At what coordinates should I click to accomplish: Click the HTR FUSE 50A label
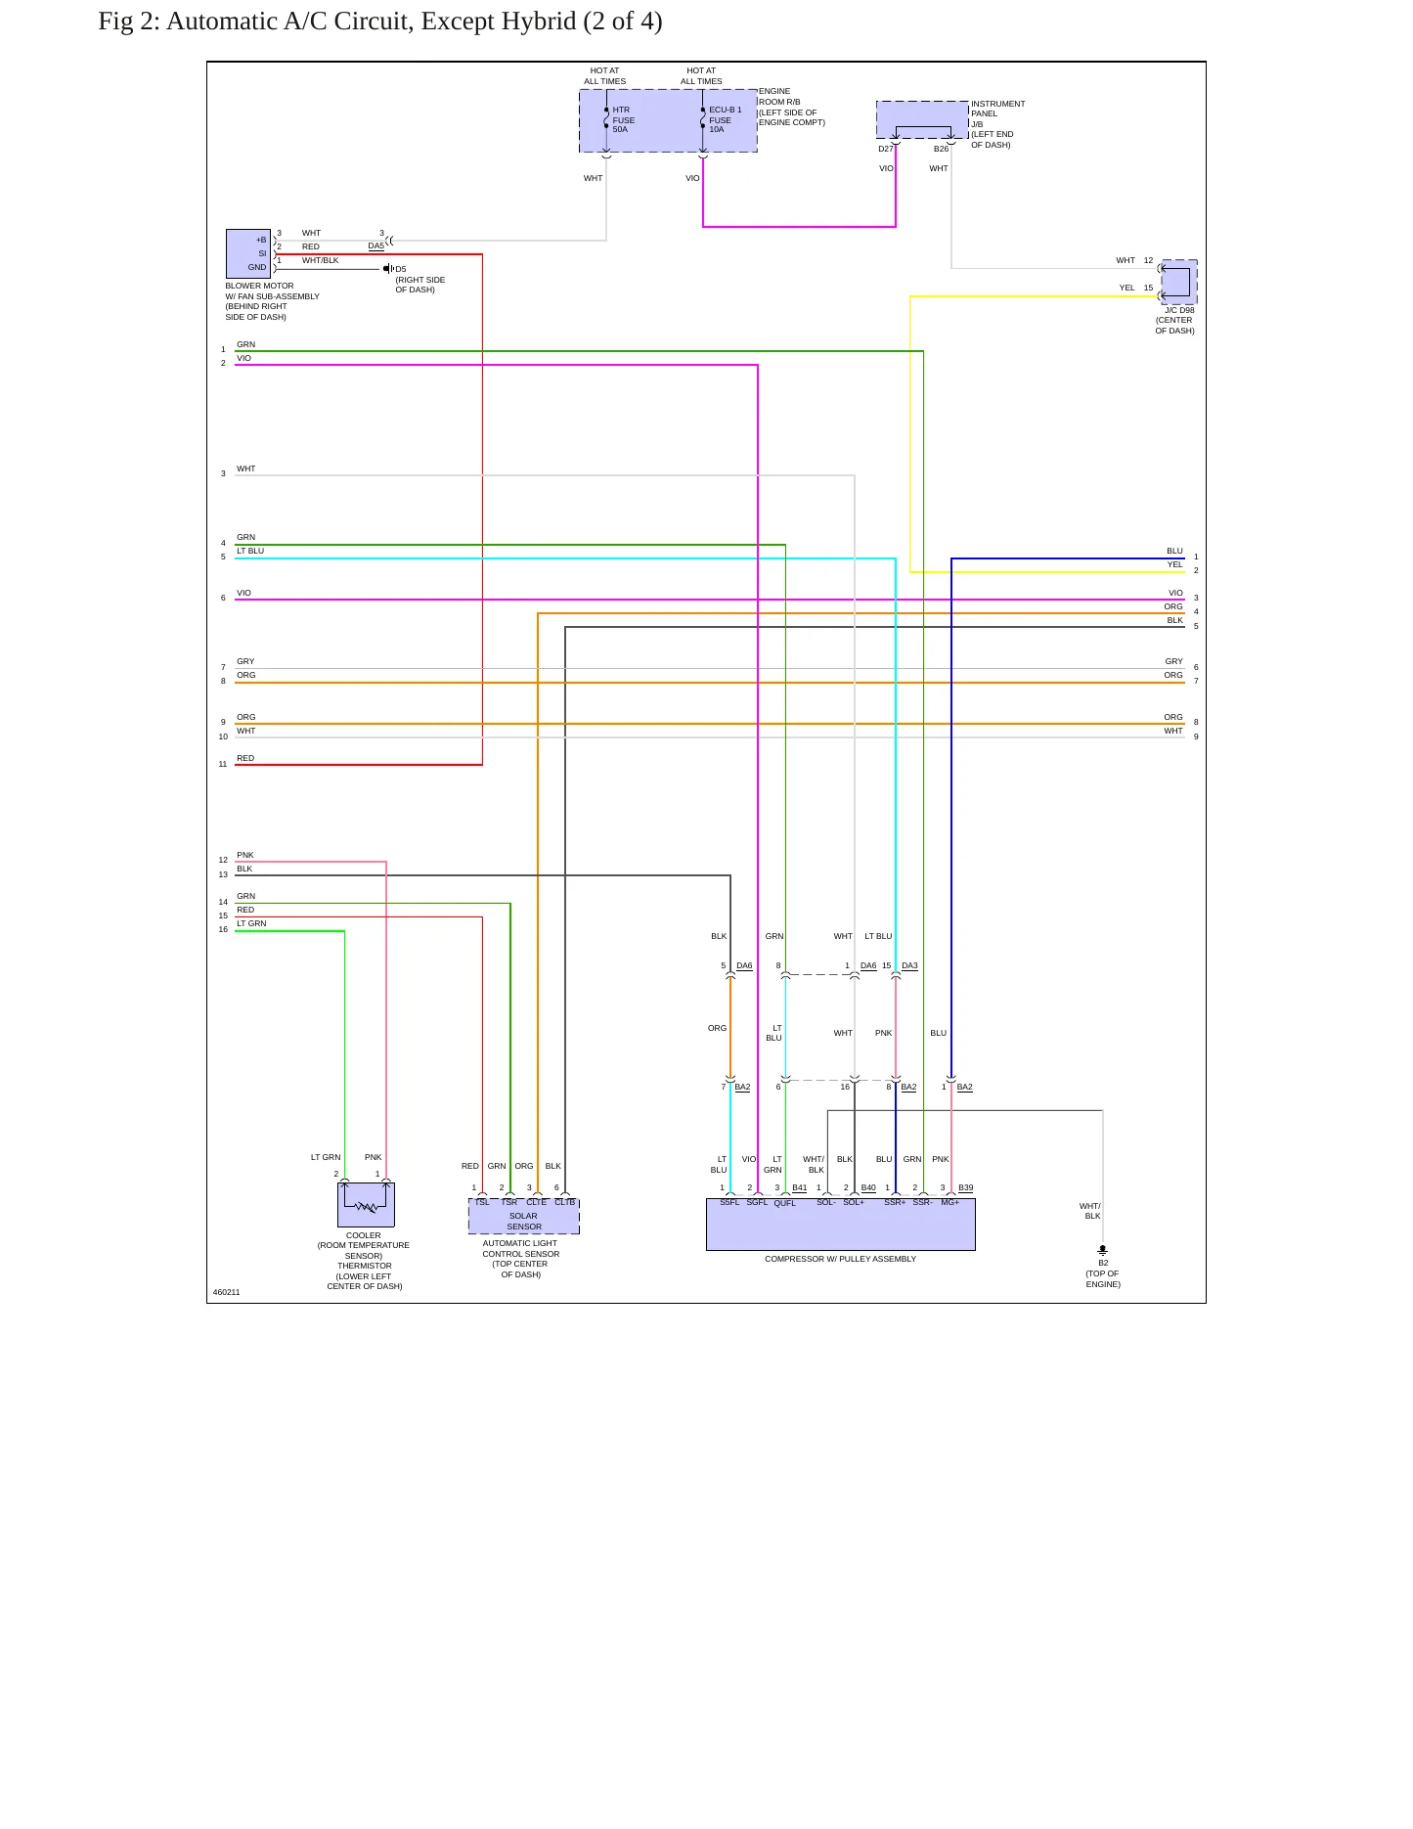click(x=624, y=119)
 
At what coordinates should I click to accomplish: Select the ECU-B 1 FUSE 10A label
click(x=725, y=119)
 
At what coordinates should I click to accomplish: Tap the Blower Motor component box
click(x=248, y=254)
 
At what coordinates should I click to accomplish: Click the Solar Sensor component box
click(x=524, y=1216)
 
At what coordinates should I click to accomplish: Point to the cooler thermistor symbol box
click(x=366, y=1205)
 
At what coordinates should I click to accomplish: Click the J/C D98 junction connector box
click(x=1178, y=282)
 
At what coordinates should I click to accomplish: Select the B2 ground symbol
click(x=1103, y=1250)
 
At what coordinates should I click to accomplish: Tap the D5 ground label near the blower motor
click(x=401, y=269)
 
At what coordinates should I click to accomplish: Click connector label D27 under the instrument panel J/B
click(x=885, y=150)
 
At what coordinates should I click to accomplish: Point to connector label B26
click(x=941, y=150)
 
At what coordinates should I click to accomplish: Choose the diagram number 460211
click(x=227, y=1292)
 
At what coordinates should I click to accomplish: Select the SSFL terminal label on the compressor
click(x=729, y=1202)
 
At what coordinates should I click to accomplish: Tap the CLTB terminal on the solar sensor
click(x=565, y=1202)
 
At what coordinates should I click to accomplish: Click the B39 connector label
click(x=965, y=1187)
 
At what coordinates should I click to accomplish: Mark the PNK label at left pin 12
click(x=245, y=855)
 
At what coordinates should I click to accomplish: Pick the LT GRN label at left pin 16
click(x=251, y=923)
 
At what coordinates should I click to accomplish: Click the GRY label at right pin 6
click(x=1174, y=661)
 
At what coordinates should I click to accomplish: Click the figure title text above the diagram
click(x=380, y=21)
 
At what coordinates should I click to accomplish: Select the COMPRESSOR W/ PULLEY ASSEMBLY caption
click(x=841, y=1259)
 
